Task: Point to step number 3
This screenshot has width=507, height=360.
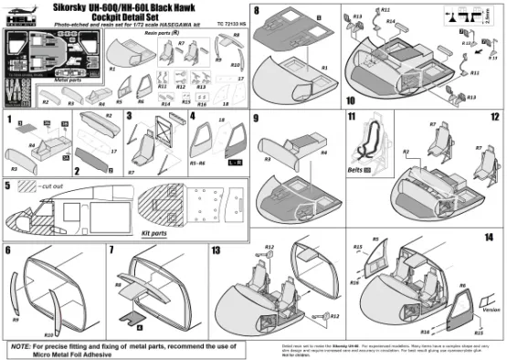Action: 131,119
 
